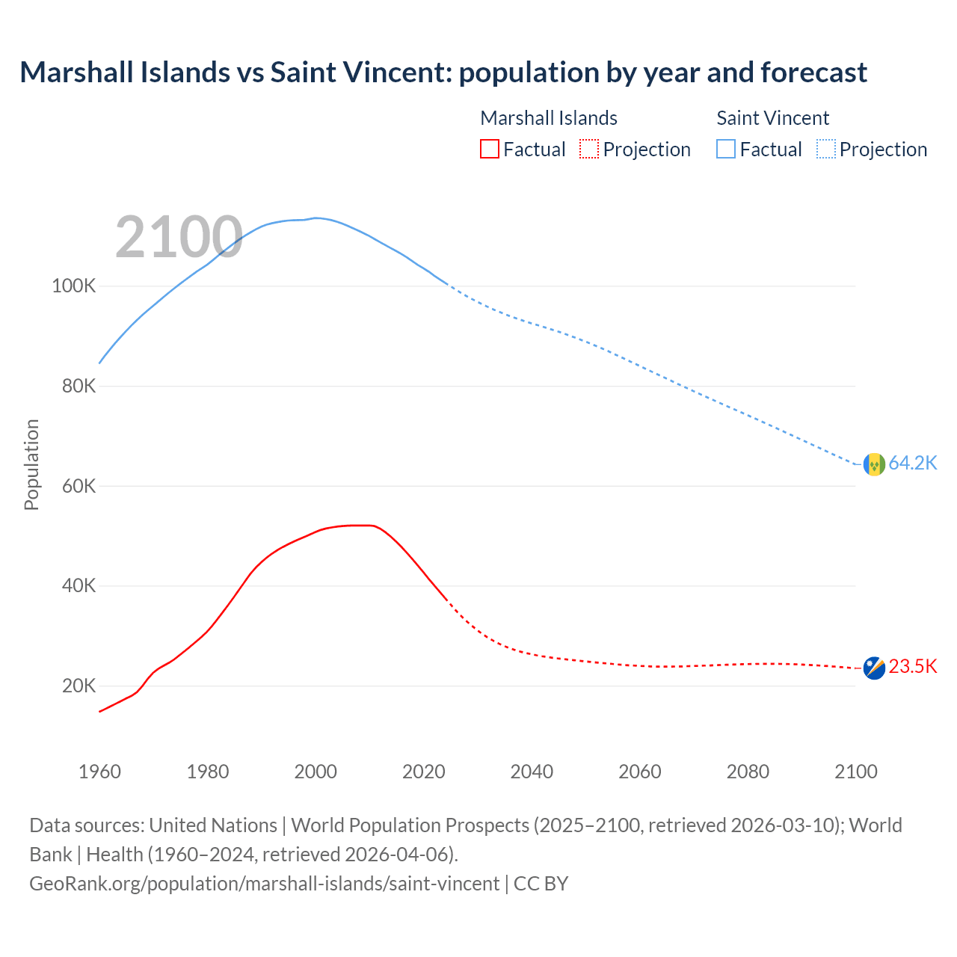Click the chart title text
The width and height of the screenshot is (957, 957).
pyautogui.click(x=443, y=73)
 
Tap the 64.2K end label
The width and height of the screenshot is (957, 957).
pyautogui.click(x=912, y=463)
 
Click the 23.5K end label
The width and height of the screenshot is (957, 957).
pyautogui.click(x=912, y=666)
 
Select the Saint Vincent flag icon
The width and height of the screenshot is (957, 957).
pyautogui.click(x=874, y=464)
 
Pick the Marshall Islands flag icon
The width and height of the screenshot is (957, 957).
pyautogui.click(x=874, y=668)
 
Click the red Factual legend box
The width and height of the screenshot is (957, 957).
pyautogui.click(x=489, y=149)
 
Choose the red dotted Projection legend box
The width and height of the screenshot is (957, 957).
pyautogui.click(x=589, y=149)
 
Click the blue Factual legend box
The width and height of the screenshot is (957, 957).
pyautogui.click(x=725, y=149)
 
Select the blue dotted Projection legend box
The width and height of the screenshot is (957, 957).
pyautogui.click(x=825, y=149)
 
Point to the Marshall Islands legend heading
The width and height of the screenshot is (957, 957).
pyautogui.click(x=548, y=118)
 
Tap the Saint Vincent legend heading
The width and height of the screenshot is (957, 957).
pyautogui.click(x=772, y=118)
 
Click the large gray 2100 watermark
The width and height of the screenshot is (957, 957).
pyautogui.click(x=179, y=237)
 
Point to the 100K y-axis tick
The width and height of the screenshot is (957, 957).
pyautogui.click(x=73, y=286)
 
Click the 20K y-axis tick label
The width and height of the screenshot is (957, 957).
pyautogui.click(x=79, y=686)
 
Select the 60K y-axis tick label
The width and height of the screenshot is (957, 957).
pyautogui.click(x=79, y=486)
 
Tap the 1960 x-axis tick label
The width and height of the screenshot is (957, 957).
pyautogui.click(x=99, y=772)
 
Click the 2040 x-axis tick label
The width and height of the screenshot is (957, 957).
pyautogui.click(x=532, y=772)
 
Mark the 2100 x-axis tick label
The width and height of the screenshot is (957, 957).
pyautogui.click(x=855, y=772)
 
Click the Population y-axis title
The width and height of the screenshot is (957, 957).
pyautogui.click(x=31, y=464)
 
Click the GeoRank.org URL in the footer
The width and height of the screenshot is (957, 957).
pyautogui.click(x=264, y=884)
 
